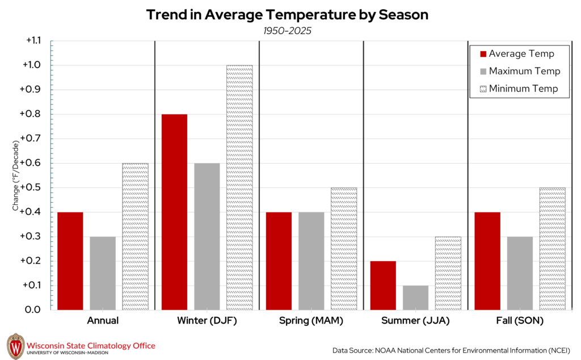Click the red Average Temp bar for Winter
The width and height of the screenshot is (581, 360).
(174, 212)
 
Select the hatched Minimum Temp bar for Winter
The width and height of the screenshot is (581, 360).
(239, 187)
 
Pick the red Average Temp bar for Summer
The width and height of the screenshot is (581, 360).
(383, 285)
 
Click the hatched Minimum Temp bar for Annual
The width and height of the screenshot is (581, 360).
(135, 236)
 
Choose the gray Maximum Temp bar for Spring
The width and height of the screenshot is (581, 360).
(311, 261)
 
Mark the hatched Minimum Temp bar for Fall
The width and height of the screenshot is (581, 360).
(552, 248)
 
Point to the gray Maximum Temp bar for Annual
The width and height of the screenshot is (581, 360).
(103, 273)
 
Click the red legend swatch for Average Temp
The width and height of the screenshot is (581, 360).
(483, 54)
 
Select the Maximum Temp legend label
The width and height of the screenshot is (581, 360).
(524, 71)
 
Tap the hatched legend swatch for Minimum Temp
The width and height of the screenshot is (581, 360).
(483, 89)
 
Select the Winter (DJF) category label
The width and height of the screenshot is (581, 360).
(207, 321)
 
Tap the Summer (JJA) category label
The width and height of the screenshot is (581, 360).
(415, 321)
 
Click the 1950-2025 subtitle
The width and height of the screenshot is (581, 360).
(287, 30)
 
